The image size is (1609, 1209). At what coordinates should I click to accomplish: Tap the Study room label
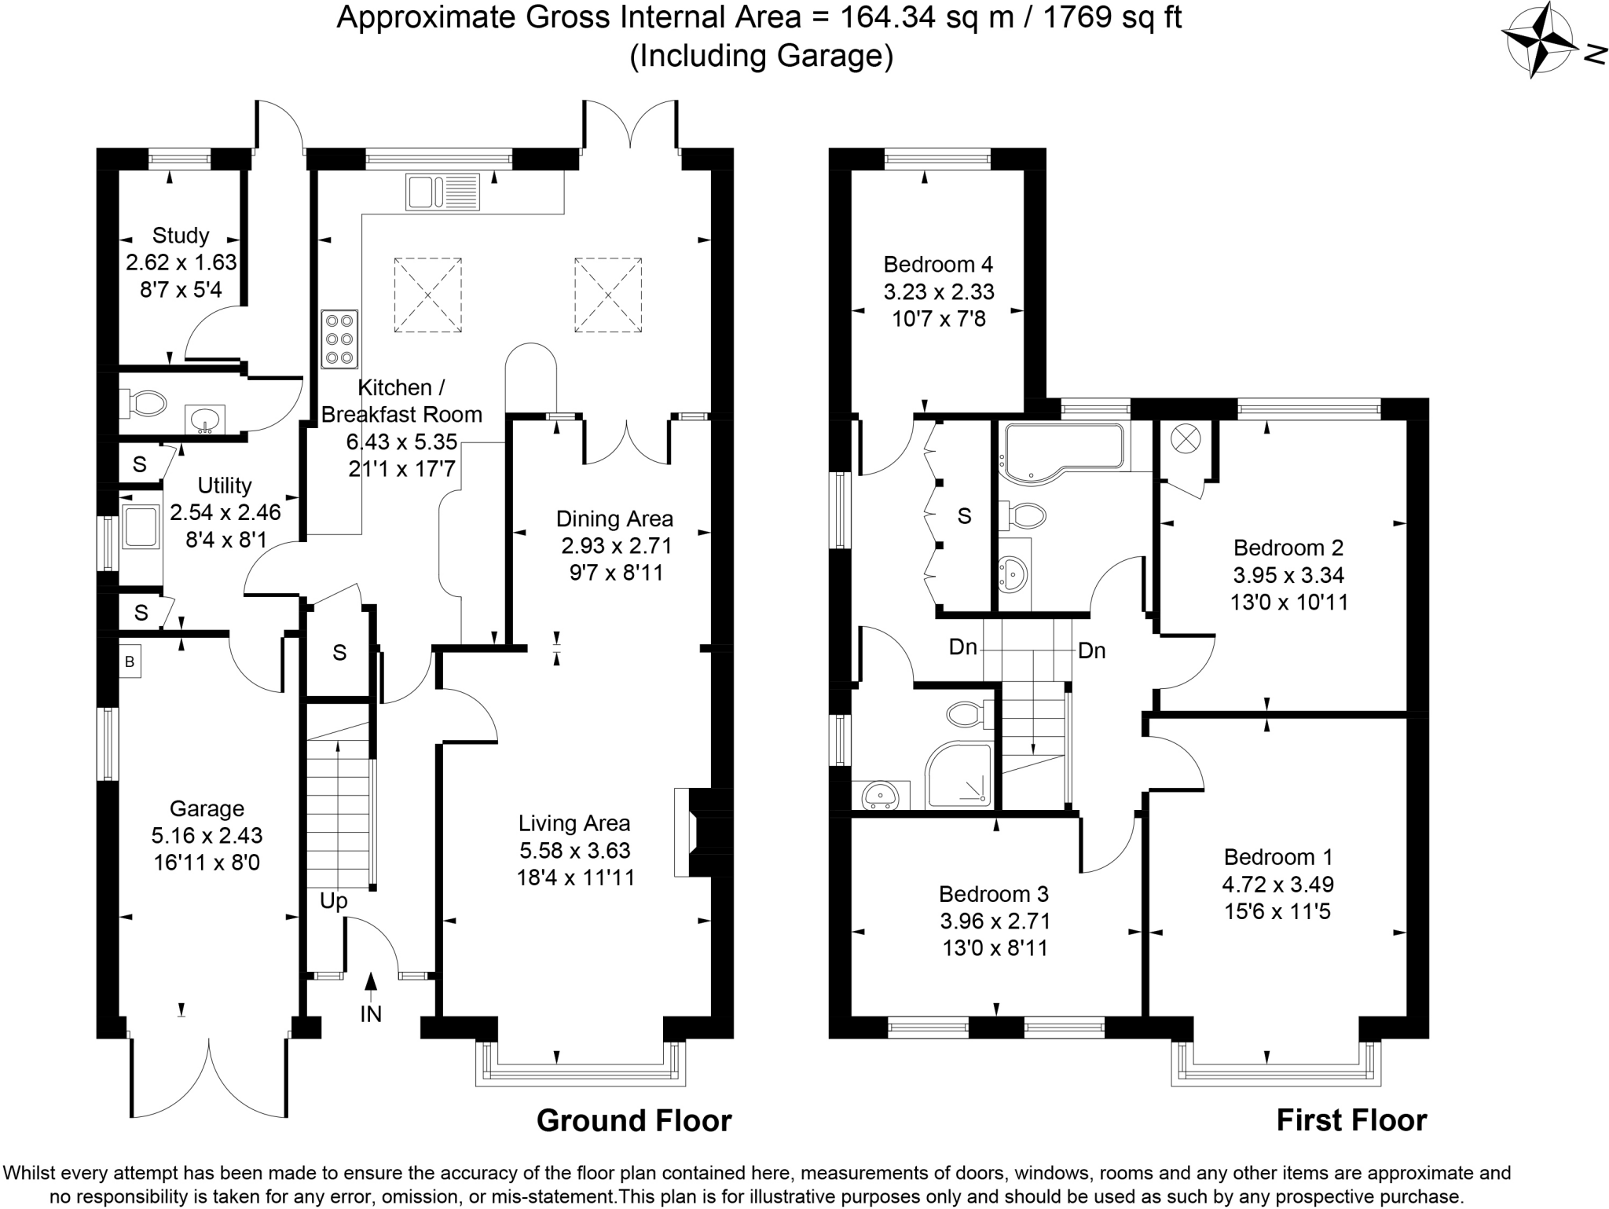pyautogui.click(x=181, y=236)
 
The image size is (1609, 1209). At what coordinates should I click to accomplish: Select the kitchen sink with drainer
pyautogui.click(x=442, y=192)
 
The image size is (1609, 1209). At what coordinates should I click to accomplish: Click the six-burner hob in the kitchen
pyautogui.click(x=339, y=339)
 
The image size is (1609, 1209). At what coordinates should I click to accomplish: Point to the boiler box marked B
pyautogui.click(x=130, y=661)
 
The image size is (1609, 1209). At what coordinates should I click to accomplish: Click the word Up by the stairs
pyautogui.click(x=333, y=901)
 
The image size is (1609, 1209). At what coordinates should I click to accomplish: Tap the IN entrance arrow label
pyautogui.click(x=371, y=1013)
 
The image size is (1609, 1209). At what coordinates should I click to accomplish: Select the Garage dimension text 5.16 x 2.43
pyautogui.click(x=207, y=836)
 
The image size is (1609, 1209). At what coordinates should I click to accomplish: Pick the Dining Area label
pyautogui.click(x=614, y=519)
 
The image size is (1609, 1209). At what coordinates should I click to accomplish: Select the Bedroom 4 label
pyautogui.click(x=938, y=264)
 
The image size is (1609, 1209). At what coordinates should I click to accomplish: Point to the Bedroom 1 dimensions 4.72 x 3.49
pyautogui.click(x=1277, y=885)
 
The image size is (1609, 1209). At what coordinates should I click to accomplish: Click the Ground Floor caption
pyautogui.click(x=633, y=1120)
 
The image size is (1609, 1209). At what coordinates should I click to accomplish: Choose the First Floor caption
pyautogui.click(x=1351, y=1120)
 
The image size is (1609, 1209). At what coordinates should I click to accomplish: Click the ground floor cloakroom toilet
pyautogui.click(x=145, y=405)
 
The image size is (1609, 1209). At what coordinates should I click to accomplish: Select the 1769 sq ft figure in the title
pyautogui.click(x=1111, y=16)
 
